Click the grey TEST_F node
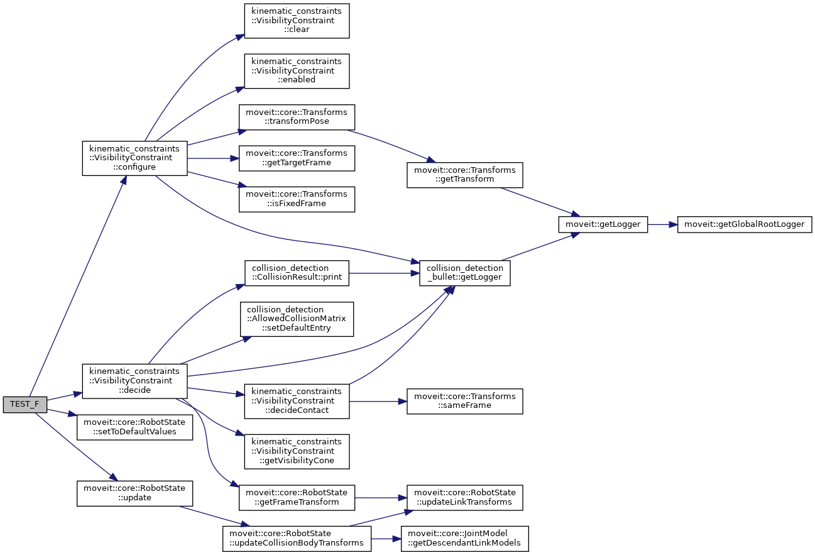point(25,404)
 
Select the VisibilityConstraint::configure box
point(134,158)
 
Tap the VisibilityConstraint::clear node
point(297,21)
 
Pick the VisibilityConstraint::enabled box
point(297,70)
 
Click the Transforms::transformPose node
point(297,118)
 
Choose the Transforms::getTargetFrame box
point(297,158)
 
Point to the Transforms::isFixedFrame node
point(297,199)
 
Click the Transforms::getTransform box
point(464,174)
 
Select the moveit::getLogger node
point(603,224)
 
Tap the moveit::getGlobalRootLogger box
point(745,224)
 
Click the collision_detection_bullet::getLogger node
point(464,273)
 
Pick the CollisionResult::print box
point(297,273)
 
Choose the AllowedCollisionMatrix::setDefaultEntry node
point(297,319)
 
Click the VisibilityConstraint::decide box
point(134,381)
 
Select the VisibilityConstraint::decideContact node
point(297,401)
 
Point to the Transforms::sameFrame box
point(464,401)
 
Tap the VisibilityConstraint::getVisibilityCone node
point(297,451)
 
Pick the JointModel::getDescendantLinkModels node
point(464,538)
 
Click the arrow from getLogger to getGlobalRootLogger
point(662,224)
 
